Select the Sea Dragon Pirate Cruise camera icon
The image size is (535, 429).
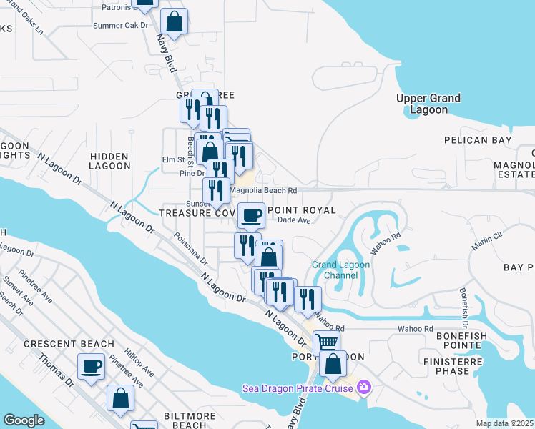pyautogui.click(x=365, y=388)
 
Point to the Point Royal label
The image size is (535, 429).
pyautogui.click(x=305, y=210)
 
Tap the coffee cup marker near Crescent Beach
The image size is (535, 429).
pyautogui.click(x=91, y=367)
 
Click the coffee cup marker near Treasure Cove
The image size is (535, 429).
pyautogui.click(x=251, y=215)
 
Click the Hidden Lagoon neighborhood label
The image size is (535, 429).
pyautogui.click(x=109, y=161)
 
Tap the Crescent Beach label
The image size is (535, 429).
pyautogui.click(x=59, y=344)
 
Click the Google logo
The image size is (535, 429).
pyautogui.click(x=24, y=420)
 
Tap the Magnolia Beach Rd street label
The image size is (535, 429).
pyautogui.click(x=263, y=191)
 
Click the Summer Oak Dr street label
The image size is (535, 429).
pyautogui.click(x=120, y=25)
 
